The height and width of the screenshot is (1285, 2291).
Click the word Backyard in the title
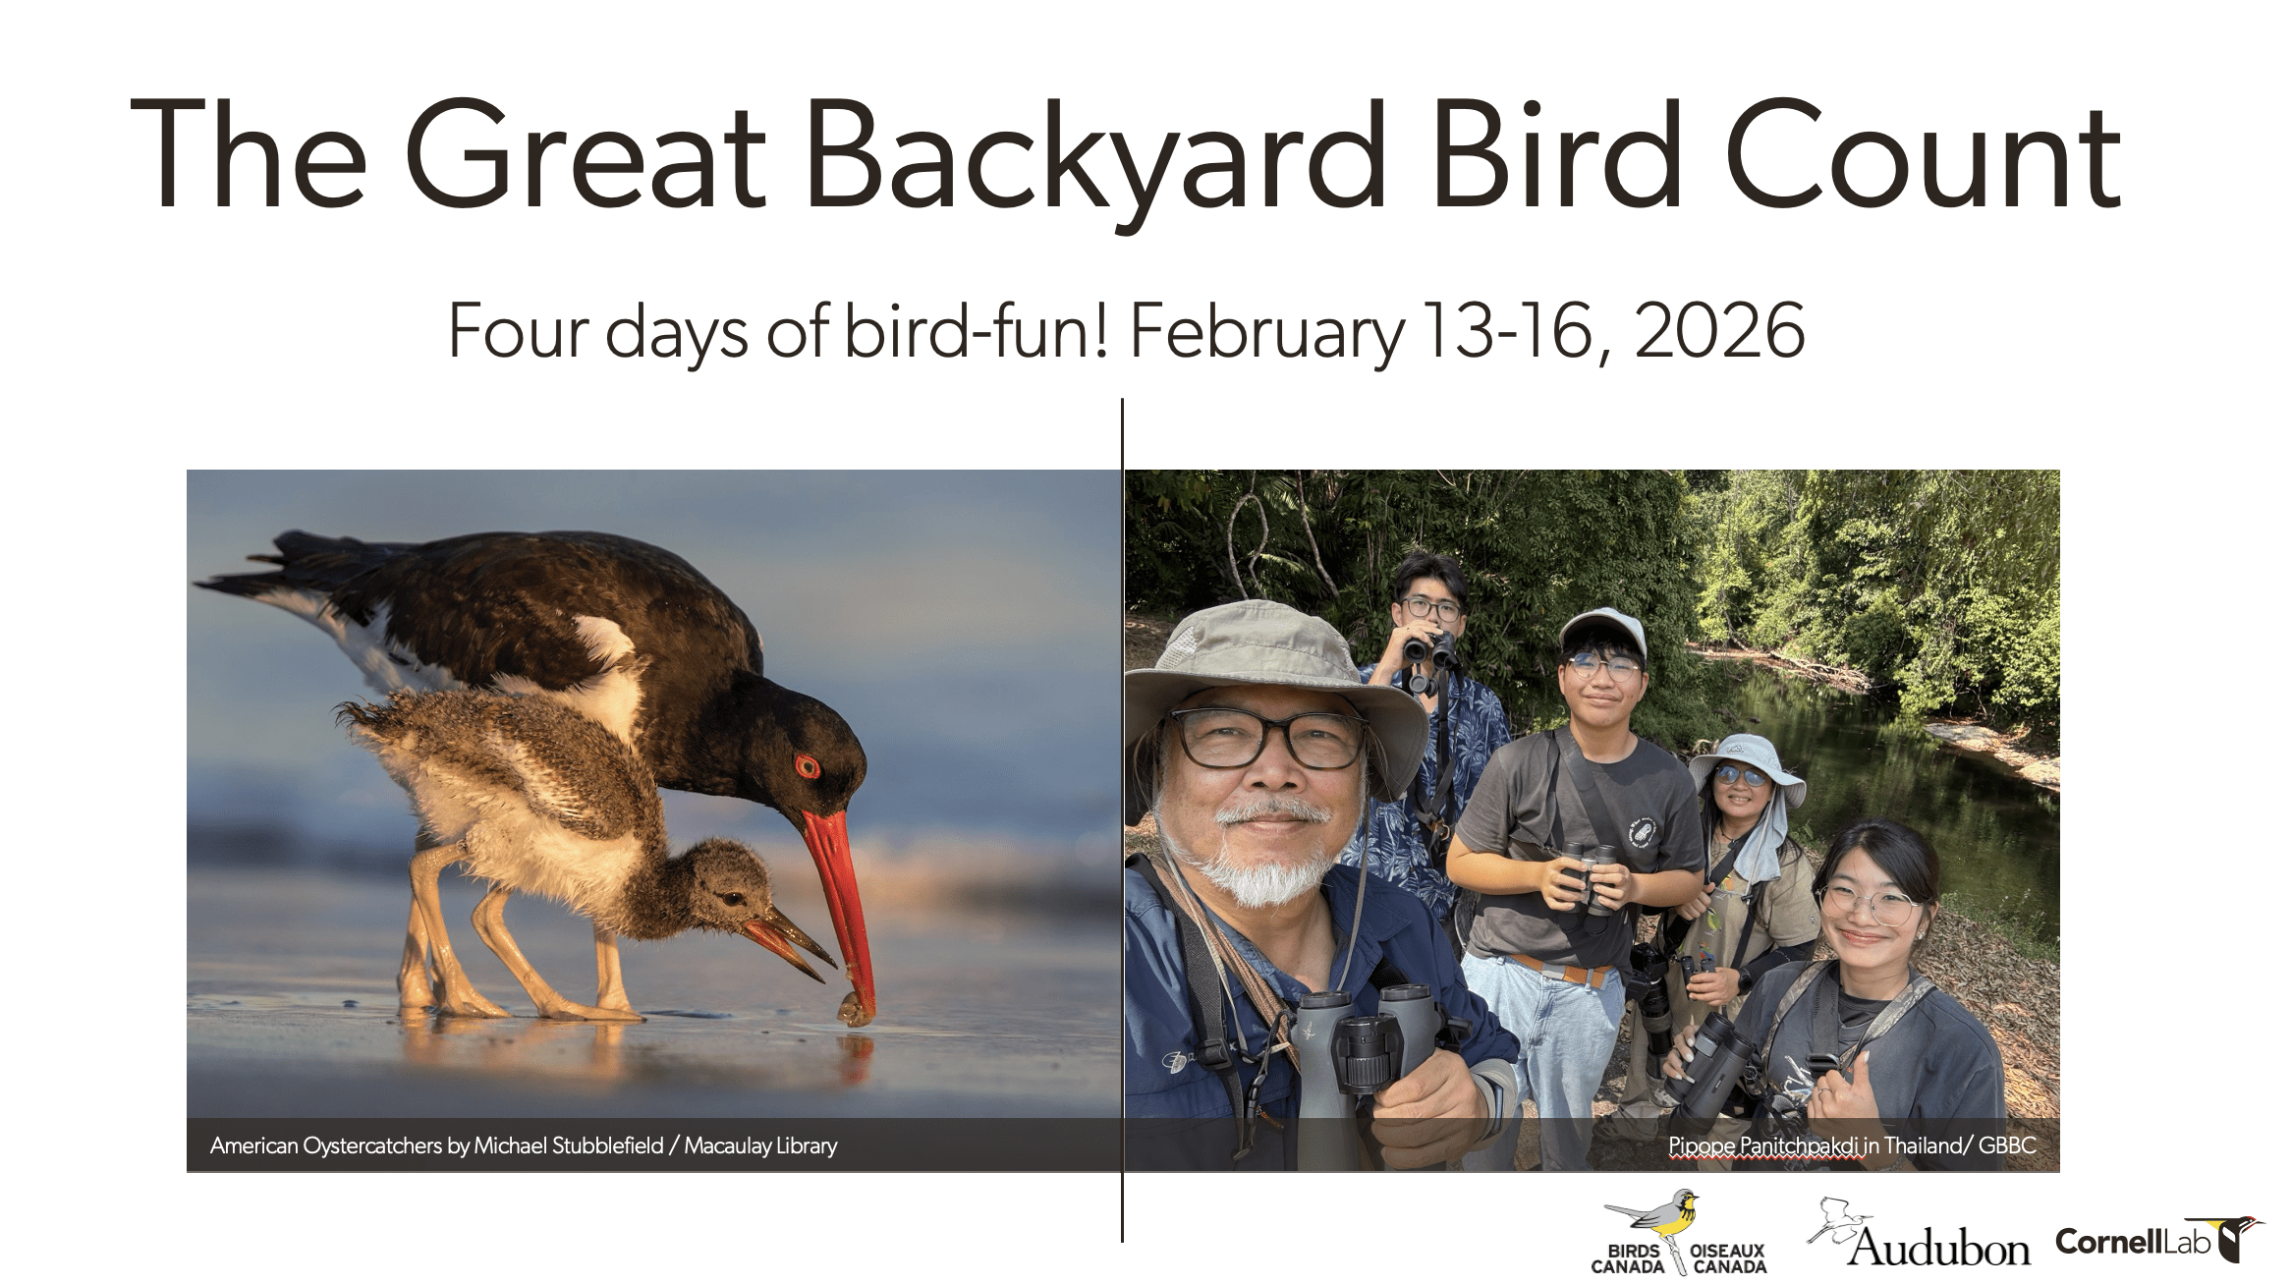pyautogui.click(x=1094, y=157)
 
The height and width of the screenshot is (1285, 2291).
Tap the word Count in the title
pyautogui.click(x=1923, y=157)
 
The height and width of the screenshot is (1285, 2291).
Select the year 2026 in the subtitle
pyautogui.click(x=1719, y=332)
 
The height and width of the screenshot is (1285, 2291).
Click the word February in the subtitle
pyautogui.click(x=1267, y=332)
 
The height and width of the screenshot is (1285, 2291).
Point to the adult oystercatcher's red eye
pyautogui.click(x=807, y=766)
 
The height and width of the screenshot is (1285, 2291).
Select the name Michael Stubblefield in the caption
pyautogui.click(x=569, y=1145)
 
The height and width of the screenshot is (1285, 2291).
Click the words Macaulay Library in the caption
pyautogui.click(x=760, y=1145)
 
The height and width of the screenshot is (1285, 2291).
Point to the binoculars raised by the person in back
pyautogui.click(x=1430, y=650)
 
